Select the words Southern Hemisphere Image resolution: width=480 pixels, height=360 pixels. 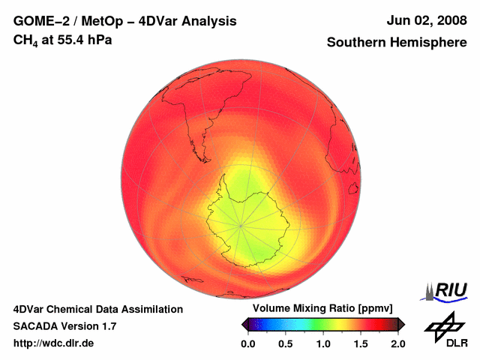click(397, 43)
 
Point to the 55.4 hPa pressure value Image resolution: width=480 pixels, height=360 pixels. click(83, 40)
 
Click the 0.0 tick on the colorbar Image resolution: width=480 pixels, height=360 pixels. click(247, 343)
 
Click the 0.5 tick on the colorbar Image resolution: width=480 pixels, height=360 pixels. click(286, 343)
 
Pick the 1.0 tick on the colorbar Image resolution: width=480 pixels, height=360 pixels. click(323, 343)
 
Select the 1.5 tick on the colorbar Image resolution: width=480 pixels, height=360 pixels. click(361, 343)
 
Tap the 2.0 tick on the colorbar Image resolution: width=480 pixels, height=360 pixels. click(397, 343)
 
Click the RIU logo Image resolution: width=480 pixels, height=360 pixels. click(450, 290)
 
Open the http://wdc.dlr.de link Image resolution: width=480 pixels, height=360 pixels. click(54, 343)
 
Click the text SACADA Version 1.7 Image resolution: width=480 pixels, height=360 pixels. click(64, 326)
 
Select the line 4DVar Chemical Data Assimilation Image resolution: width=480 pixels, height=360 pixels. click(97, 309)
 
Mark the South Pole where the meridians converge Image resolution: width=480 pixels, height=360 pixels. click(241, 224)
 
